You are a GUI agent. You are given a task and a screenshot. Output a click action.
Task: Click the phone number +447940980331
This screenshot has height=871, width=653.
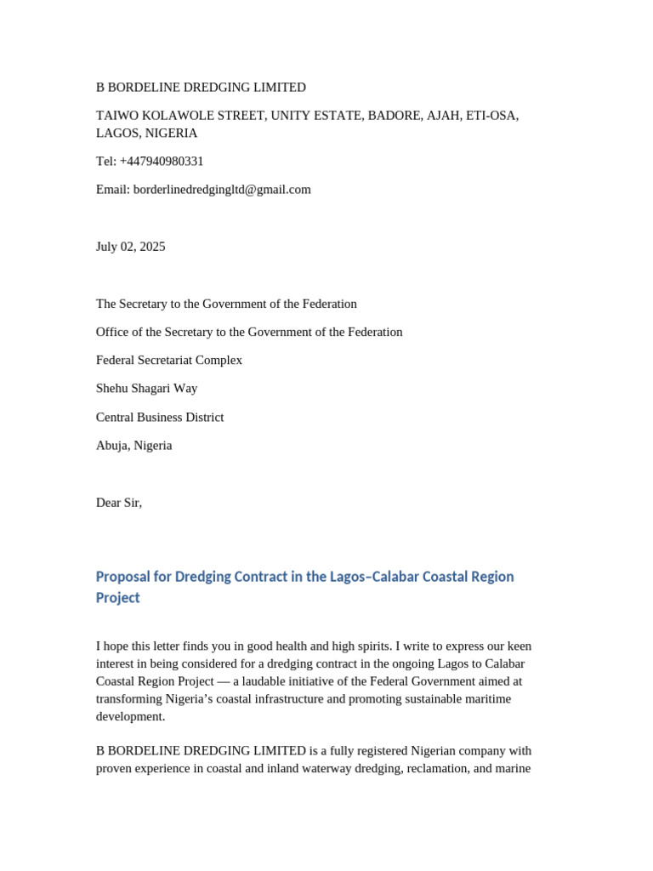tap(162, 162)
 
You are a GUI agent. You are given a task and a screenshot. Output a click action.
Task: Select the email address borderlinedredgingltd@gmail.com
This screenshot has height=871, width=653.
tap(222, 190)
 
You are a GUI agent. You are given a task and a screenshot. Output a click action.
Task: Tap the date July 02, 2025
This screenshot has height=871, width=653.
tap(131, 247)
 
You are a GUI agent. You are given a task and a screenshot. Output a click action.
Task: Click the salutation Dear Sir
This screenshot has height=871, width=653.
tap(119, 503)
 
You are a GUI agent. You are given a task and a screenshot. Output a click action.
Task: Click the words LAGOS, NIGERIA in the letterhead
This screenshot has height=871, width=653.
tap(146, 134)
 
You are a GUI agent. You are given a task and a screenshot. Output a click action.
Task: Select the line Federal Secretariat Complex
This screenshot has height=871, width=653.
tap(169, 361)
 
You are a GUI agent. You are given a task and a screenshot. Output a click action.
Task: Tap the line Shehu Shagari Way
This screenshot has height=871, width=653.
tap(146, 389)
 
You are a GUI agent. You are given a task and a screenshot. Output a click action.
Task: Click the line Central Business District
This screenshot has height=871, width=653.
tap(160, 418)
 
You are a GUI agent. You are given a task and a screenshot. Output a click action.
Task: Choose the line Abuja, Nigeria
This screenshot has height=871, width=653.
tap(133, 446)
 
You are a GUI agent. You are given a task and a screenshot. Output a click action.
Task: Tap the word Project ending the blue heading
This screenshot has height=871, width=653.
tap(117, 598)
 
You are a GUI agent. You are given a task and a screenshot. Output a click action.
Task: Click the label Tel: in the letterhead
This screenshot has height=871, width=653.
tap(106, 162)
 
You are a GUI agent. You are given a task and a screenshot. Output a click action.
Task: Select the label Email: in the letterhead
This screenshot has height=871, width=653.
tap(113, 190)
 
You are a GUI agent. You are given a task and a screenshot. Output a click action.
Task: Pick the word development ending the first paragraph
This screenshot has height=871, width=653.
tap(129, 716)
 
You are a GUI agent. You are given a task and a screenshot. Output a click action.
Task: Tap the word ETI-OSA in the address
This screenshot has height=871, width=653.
tap(493, 116)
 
